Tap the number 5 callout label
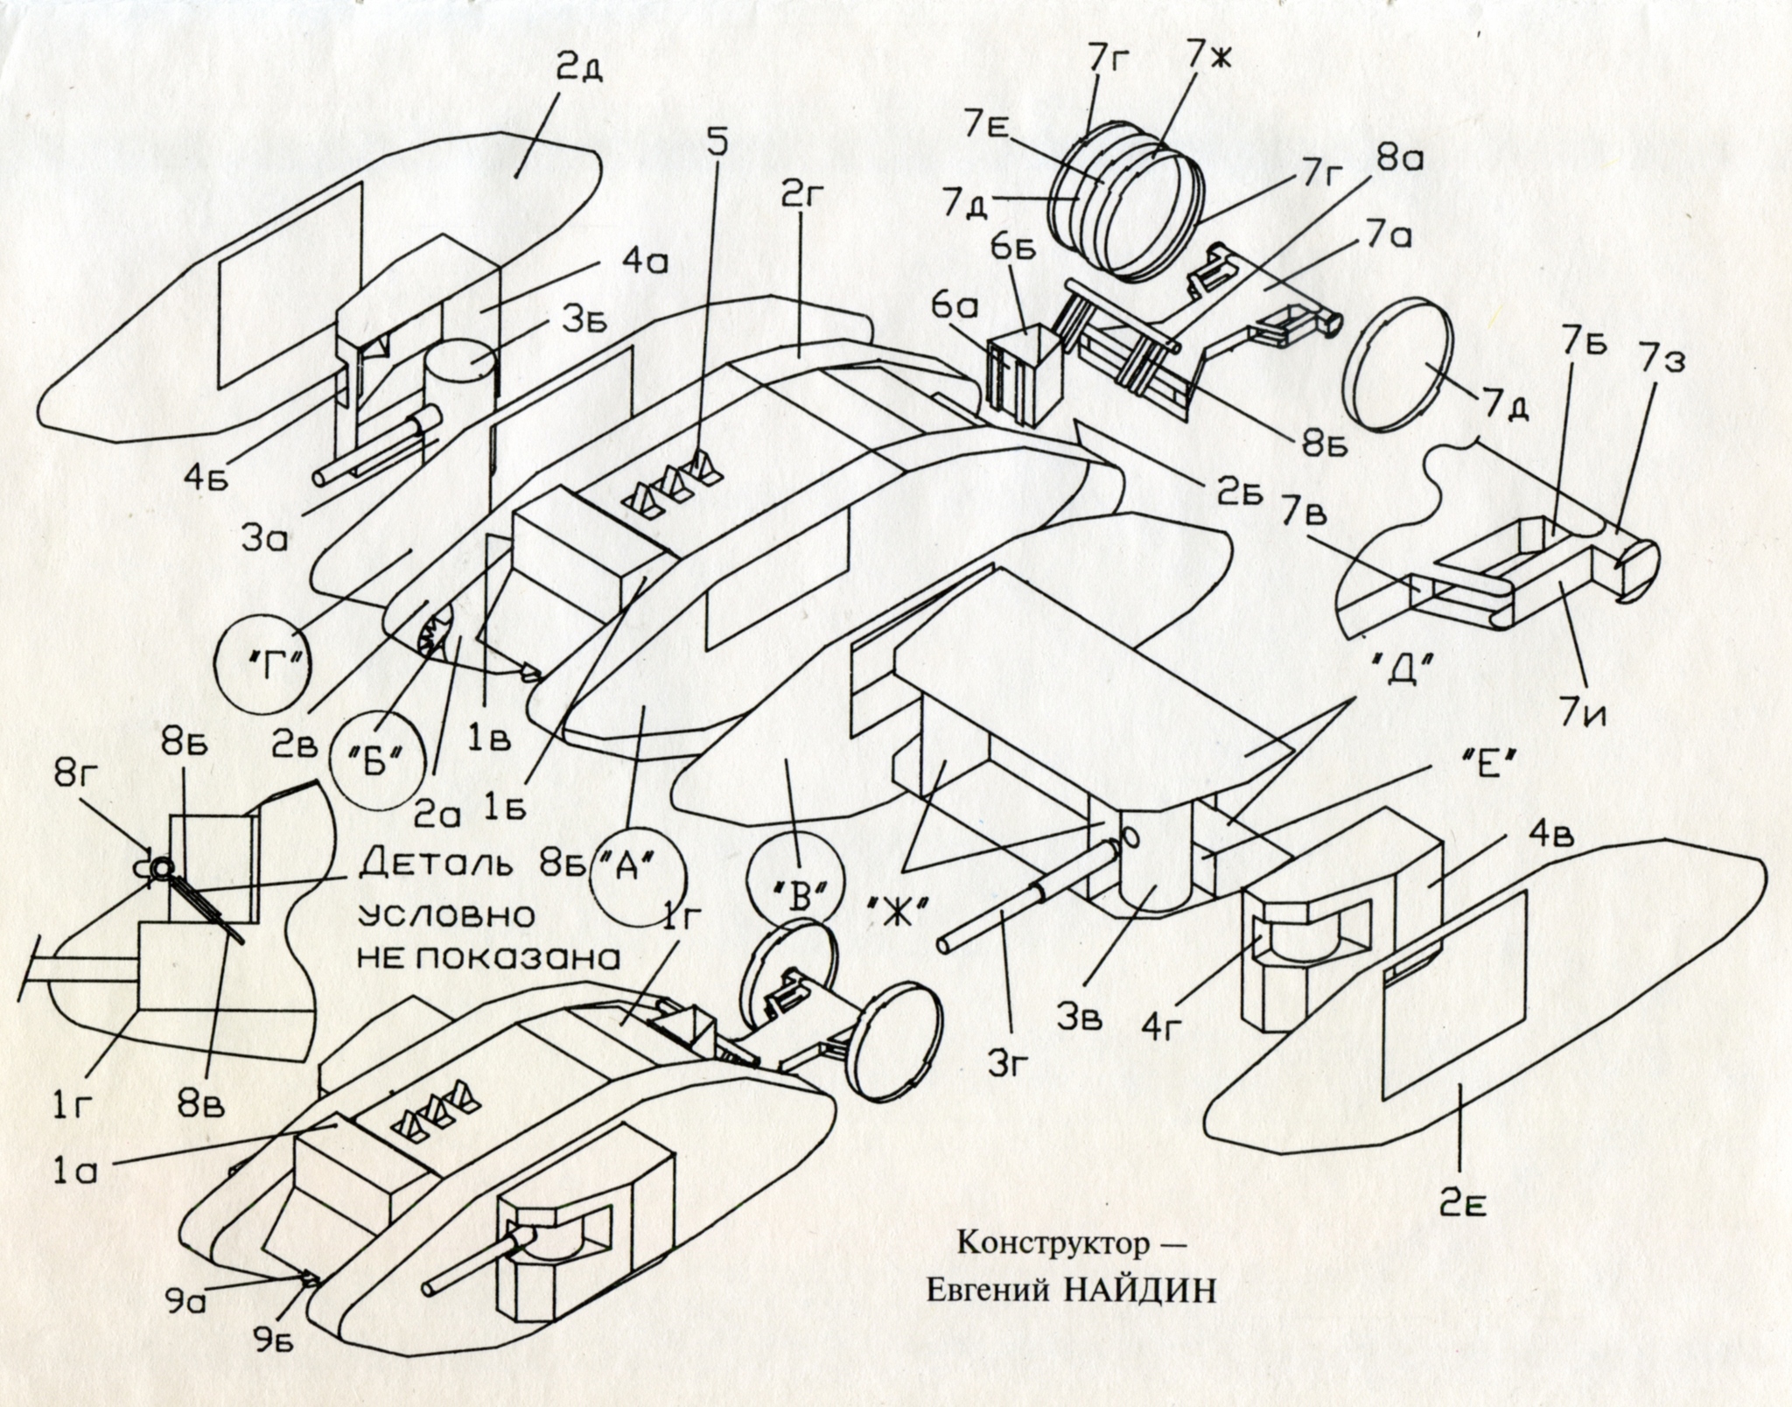[x=717, y=144]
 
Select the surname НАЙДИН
[x=1140, y=1291]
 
